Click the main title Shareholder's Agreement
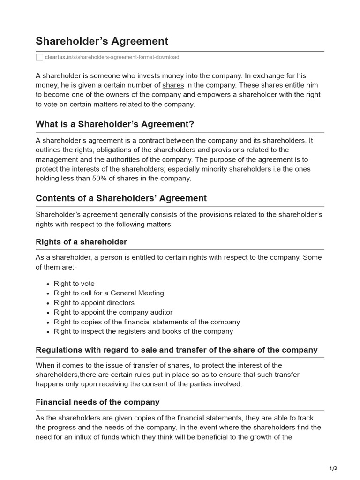102,41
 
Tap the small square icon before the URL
39,57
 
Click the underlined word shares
173,85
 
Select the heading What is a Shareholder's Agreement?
115,124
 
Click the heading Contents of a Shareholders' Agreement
121,198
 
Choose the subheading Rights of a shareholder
81,242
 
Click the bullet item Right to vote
74,284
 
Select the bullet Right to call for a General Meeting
109,293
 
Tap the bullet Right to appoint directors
94,303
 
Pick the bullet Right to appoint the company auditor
113,312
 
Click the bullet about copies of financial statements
147,322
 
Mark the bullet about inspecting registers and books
143,331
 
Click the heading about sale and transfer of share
176,350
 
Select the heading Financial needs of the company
97,402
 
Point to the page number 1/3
333,468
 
